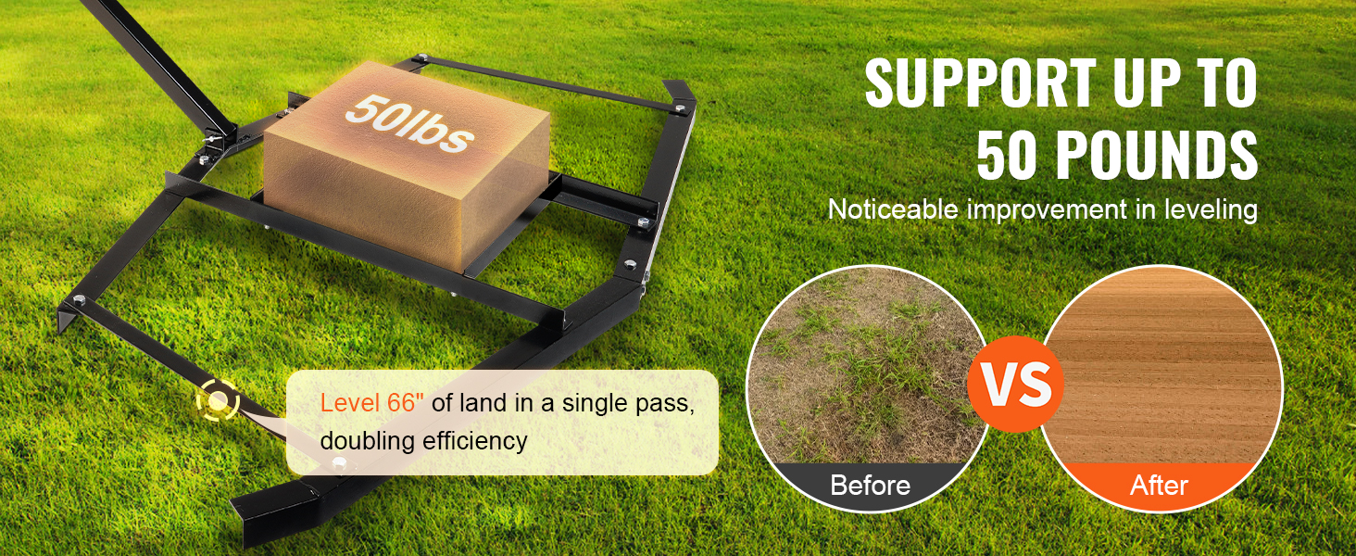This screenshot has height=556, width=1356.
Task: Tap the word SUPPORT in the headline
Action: [981, 83]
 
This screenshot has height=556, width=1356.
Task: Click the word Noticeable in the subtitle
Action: [894, 209]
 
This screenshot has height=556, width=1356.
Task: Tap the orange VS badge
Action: [1015, 384]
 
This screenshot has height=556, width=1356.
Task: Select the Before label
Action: [870, 486]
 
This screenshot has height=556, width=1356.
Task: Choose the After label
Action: [1159, 486]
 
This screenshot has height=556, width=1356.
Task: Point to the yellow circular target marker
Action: [218, 400]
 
